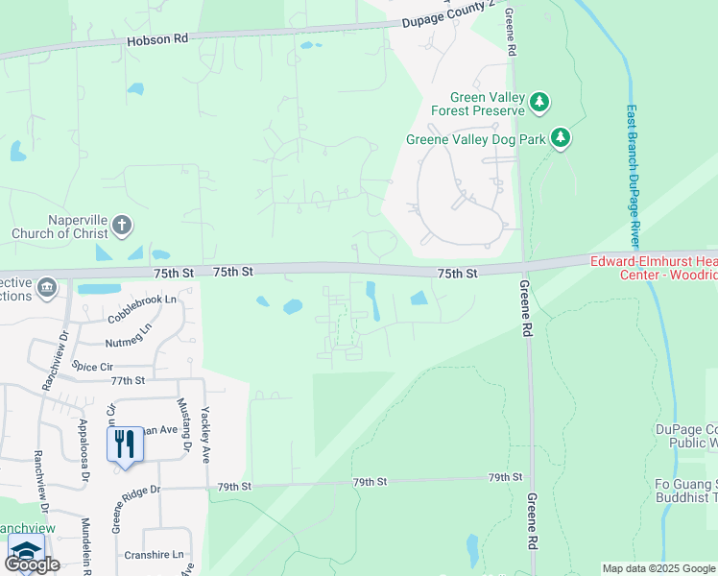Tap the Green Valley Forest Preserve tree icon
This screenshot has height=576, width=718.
click(x=539, y=101)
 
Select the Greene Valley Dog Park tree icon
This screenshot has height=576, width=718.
click(x=562, y=139)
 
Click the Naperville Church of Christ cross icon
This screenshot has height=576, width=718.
click(x=121, y=227)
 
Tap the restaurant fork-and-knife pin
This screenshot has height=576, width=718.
click(x=125, y=444)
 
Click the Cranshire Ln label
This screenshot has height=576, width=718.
click(x=154, y=555)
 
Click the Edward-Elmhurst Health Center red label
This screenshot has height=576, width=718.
click(x=654, y=268)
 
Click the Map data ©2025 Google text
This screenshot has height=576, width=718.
click(x=658, y=568)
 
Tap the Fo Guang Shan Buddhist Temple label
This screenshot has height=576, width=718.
click(x=686, y=490)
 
